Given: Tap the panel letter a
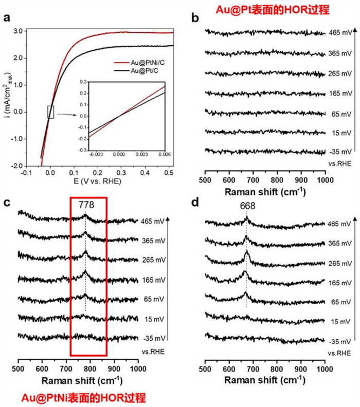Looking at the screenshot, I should (x=7, y=18).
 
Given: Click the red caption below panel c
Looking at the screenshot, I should (x=83, y=398).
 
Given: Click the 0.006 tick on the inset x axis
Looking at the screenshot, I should (x=165, y=154).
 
